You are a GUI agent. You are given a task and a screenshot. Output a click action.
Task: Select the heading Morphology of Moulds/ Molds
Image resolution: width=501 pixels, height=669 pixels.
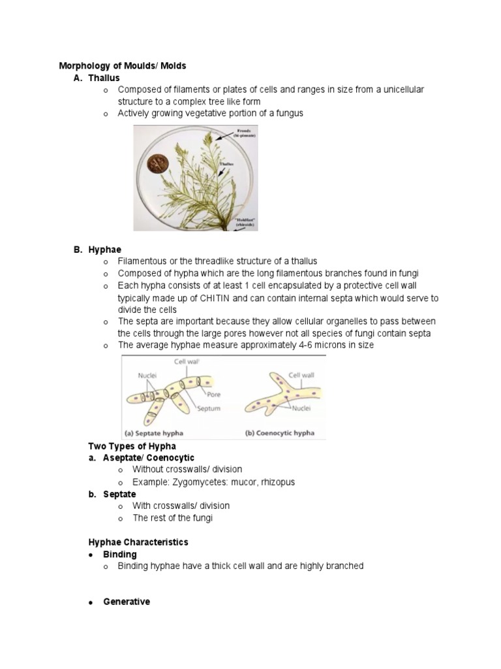tap(123, 66)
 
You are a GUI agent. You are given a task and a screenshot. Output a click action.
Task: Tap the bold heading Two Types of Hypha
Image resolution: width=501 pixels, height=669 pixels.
tap(132, 446)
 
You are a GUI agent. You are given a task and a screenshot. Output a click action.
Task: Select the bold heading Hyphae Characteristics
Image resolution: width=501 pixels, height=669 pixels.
tap(138, 542)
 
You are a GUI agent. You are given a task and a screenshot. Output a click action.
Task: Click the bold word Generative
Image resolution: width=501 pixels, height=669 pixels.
tap(127, 602)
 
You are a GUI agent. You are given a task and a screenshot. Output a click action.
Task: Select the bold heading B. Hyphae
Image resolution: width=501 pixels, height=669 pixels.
tap(97, 250)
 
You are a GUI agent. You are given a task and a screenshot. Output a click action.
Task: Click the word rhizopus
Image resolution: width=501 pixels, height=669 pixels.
tap(276, 482)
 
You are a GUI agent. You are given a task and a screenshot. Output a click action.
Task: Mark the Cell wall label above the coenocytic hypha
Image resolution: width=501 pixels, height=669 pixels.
tap(302, 376)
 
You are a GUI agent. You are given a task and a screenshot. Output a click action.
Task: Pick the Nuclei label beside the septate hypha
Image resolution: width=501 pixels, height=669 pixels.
tap(147, 376)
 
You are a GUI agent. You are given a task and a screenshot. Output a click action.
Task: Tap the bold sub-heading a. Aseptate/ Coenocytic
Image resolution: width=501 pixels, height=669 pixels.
tap(142, 458)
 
